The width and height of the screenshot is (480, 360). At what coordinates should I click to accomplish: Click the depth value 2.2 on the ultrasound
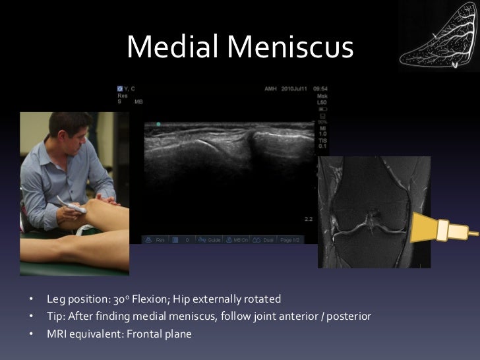(x=308, y=218)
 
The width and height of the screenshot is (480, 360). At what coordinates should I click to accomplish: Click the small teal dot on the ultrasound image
(x=158, y=124)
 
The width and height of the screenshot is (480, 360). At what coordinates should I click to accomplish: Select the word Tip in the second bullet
(x=55, y=316)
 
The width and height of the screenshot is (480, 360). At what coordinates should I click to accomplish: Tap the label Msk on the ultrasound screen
(x=322, y=96)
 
